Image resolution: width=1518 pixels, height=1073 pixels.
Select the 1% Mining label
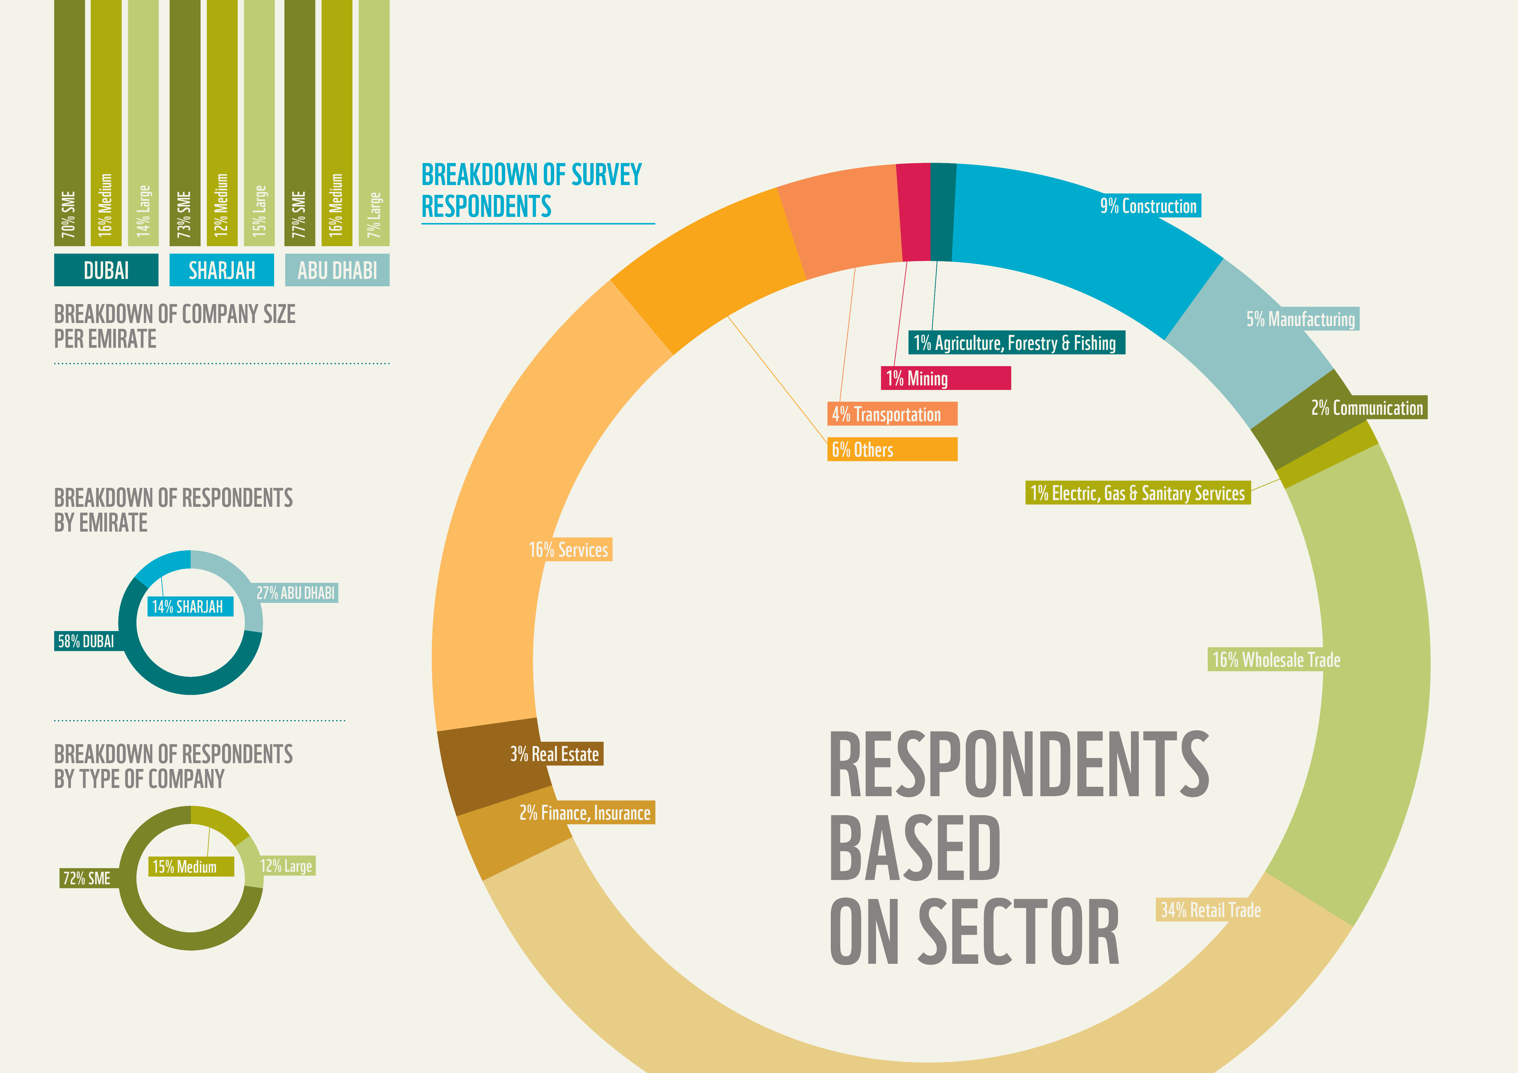pos(945,379)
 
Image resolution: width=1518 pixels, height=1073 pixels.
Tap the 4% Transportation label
pos(892,414)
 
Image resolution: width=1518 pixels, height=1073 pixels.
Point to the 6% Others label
pos(892,450)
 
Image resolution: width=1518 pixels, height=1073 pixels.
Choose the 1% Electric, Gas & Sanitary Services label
pos(1137,493)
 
